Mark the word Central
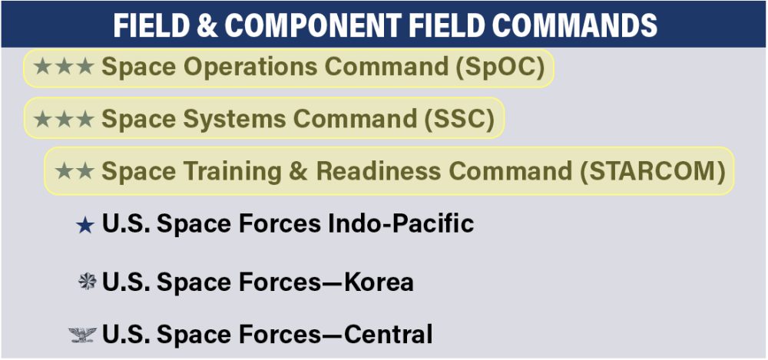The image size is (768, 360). click(x=389, y=335)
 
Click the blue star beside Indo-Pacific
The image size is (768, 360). click(x=85, y=225)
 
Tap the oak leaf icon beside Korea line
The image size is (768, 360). click(x=87, y=282)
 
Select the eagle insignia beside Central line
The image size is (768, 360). click(x=83, y=335)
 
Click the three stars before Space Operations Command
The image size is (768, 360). click(x=64, y=67)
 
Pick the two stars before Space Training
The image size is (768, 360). click(x=74, y=170)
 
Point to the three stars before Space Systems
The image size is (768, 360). click(x=64, y=119)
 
